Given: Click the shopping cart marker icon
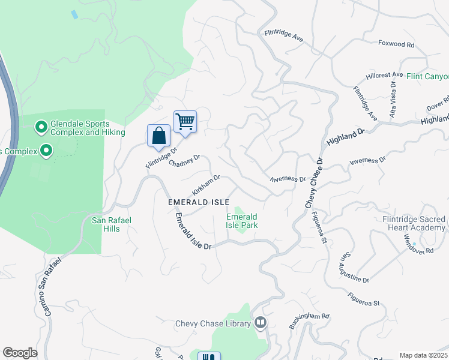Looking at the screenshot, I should click(x=185, y=122).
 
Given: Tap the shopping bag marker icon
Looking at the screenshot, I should click(x=158, y=135).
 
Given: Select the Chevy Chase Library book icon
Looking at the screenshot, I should click(x=261, y=323).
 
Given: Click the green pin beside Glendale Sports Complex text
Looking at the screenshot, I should click(x=41, y=127).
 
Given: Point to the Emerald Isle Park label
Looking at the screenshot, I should click(x=241, y=221).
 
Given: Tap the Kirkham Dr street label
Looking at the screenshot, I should click(x=206, y=185).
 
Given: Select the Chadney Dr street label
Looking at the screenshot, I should click(x=184, y=161).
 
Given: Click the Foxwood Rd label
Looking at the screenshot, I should click(x=396, y=44).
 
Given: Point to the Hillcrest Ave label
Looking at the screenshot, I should click(x=385, y=76).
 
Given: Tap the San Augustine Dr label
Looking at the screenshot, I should click(x=354, y=267).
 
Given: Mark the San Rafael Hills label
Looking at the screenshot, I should click(x=111, y=224).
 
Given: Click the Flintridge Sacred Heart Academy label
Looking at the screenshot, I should click(x=414, y=224).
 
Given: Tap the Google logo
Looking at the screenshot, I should click(x=20, y=353).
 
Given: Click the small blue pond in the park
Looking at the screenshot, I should click(x=74, y=14).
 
